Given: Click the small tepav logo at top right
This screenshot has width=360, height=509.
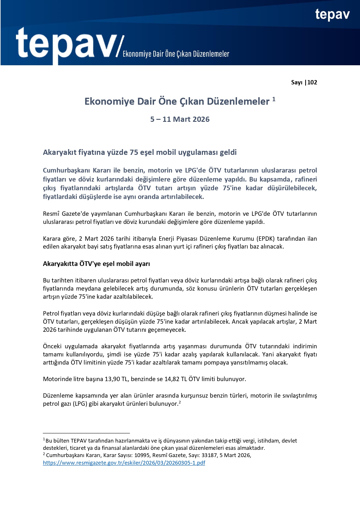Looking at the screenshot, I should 332,15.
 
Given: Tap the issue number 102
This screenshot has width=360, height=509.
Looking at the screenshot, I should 312,82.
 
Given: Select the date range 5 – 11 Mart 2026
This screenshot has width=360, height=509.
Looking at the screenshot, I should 180,119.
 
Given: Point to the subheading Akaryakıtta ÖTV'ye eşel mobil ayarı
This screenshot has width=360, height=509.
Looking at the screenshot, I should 96,264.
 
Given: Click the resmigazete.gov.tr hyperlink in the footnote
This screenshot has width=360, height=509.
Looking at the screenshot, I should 124,463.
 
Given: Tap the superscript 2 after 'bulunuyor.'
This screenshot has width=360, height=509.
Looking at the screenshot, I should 180,402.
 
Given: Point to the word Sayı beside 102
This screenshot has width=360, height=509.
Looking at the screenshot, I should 296,82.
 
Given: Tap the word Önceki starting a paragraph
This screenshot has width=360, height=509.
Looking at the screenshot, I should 52,346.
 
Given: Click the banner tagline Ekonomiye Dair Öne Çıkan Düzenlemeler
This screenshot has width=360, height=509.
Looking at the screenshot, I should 176,54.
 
